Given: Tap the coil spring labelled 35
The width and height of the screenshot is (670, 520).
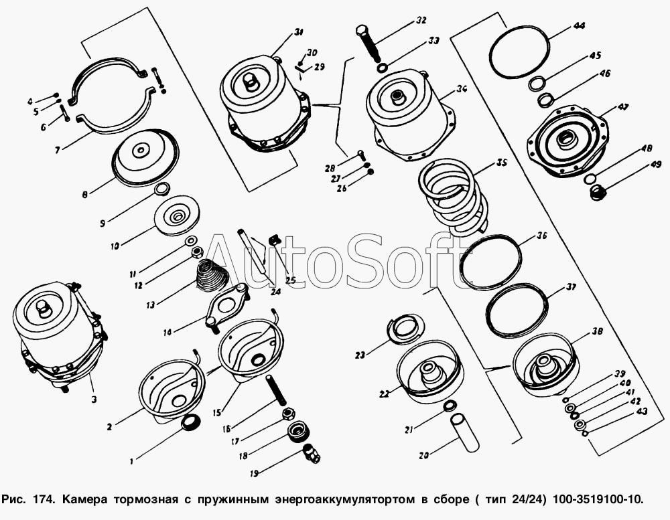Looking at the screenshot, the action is tap(453, 196).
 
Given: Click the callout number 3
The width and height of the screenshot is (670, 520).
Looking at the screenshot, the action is tap(94, 400).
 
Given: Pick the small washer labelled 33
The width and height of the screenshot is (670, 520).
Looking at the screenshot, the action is tap(383, 68).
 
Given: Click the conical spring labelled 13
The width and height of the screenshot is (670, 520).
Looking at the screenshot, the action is tap(210, 276).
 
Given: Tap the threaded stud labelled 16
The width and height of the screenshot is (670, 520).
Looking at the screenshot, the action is tap(276, 391).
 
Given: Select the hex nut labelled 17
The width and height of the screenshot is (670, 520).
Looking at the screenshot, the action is tap(289, 414).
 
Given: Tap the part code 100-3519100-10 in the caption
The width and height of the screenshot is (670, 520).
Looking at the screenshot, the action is tap(597, 499).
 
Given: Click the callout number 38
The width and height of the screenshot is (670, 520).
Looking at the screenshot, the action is tap(598, 331).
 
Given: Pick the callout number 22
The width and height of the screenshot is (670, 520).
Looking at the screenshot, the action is tap(384, 394).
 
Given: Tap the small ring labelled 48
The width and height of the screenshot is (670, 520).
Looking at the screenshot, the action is tap(590, 177).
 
